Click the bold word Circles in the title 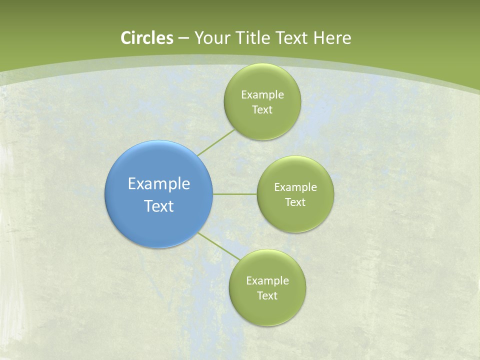point(146,38)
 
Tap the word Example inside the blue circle point(158,184)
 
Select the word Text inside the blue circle point(158,206)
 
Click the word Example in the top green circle point(262,95)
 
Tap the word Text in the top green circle point(262,110)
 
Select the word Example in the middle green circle point(295,187)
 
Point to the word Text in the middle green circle point(295,202)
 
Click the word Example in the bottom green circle point(267,281)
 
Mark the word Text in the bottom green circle point(267,296)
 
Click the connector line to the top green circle point(216,142)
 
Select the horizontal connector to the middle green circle point(235,194)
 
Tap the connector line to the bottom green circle point(219,246)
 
